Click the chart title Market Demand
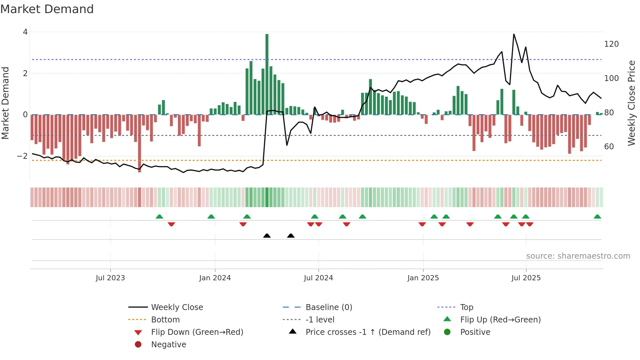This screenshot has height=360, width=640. coord(47,9)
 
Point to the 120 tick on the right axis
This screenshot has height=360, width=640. coord(611,44)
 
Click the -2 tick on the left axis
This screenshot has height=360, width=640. coord(22,156)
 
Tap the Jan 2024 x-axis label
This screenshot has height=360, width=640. coord(215,278)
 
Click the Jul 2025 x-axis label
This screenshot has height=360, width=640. coord(526,278)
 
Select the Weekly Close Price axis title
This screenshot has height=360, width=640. coord(632,103)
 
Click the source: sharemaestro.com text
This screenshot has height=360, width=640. coord(578,256)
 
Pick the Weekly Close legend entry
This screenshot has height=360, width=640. coord(177,307)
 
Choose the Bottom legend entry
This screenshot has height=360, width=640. coord(165,320)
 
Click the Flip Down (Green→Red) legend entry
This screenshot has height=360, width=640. coord(197,332)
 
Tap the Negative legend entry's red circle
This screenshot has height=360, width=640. coord(138,345)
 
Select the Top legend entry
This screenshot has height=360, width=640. coord(466,307)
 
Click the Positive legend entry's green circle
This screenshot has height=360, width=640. coord(447,332)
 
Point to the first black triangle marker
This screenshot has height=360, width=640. coord(267,236)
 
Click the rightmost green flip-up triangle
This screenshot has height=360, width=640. coord(597,217)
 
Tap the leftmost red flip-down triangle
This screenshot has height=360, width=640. coord(171,224)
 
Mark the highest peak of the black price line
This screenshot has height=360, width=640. coord(514,34)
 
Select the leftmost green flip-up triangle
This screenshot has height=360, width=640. coord(159,217)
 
